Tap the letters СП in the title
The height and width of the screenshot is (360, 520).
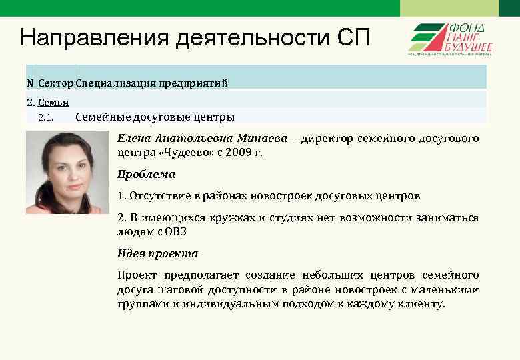349,38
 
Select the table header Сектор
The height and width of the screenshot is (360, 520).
56,83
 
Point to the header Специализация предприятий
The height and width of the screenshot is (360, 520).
152,83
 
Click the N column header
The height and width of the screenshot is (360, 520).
30,83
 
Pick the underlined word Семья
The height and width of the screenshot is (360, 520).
54,103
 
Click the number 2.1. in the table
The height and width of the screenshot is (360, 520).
46,118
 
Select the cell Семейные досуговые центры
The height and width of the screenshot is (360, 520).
155,118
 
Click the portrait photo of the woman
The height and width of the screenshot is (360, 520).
67,172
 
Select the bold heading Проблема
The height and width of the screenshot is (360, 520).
146,174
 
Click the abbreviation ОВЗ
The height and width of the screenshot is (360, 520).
174,232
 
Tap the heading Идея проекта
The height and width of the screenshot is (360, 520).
157,253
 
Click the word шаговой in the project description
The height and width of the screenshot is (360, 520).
177,289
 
